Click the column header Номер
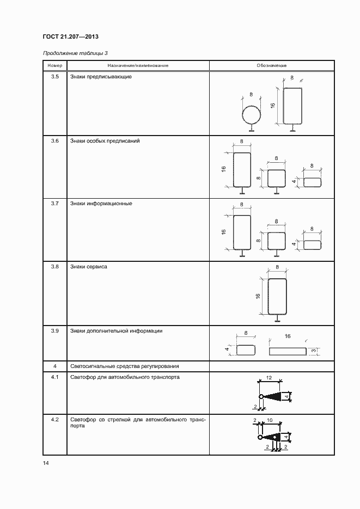coord(55,65)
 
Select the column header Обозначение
coord(271,65)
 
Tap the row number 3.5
coord(55,77)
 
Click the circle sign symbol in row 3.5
coord(252,115)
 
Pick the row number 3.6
coord(55,141)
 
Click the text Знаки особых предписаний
coord(105,141)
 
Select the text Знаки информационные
coord(101,204)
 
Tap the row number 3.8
coord(55,267)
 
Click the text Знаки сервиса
coord(88,267)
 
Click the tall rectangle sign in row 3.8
coord(278,296)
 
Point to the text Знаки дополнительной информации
coord(116,330)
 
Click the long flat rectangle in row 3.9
coord(288,351)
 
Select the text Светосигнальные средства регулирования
coord(124,366)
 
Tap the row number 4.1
coord(55,377)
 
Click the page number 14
coord(46,463)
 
